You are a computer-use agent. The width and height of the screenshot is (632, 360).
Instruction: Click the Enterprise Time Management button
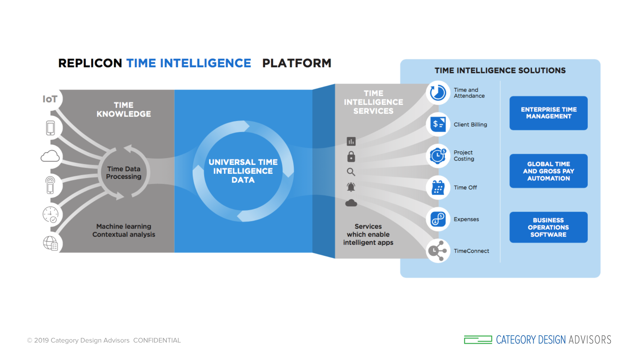tap(548, 113)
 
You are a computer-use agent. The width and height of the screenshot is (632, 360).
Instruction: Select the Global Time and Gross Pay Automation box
tap(548, 171)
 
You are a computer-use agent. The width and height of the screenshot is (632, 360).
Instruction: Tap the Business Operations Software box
tap(548, 227)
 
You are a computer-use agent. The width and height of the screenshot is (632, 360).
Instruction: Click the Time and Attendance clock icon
tap(438, 93)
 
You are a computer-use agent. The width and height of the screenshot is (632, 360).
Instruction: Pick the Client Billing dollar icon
tap(438, 124)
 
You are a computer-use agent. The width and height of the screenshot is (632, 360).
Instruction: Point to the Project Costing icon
tap(438, 156)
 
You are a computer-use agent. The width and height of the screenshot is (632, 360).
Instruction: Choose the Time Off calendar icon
tap(438, 187)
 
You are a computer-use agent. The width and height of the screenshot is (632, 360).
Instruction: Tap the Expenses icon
tap(438, 219)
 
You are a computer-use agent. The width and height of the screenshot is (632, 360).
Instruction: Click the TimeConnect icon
tap(438, 251)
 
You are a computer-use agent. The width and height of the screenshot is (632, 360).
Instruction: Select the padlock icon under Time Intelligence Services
tap(351, 157)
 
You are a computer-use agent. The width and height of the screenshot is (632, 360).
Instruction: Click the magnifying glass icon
tap(351, 172)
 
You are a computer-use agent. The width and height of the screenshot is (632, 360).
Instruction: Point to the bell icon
tap(351, 187)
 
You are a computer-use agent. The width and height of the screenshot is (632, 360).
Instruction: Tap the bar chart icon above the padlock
tap(351, 141)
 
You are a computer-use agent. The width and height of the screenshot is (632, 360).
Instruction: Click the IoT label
tap(50, 99)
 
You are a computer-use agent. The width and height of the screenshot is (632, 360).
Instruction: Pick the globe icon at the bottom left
tap(50, 243)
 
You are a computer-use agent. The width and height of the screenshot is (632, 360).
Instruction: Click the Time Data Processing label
tap(124, 173)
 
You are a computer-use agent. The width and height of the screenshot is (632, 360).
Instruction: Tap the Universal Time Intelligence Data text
tap(243, 171)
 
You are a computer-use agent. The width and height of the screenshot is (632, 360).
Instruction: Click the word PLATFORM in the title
tap(296, 63)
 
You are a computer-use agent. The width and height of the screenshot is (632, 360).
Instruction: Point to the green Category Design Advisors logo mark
tap(478, 340)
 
